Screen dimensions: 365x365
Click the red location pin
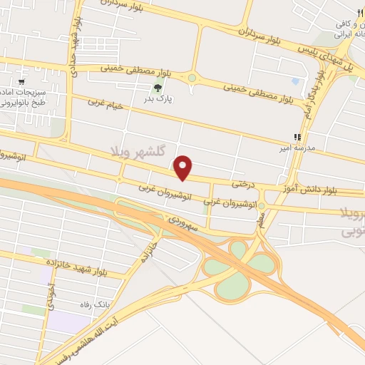point(184,168)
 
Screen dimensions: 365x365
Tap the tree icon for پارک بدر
point(158,88)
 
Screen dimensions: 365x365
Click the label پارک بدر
point(158,101)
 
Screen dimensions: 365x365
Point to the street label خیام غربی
point(106,106)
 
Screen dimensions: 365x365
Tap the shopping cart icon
point(22,71)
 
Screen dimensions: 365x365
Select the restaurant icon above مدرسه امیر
point(297,138)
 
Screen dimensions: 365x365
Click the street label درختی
point(242,183)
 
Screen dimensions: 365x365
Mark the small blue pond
point(296,81)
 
